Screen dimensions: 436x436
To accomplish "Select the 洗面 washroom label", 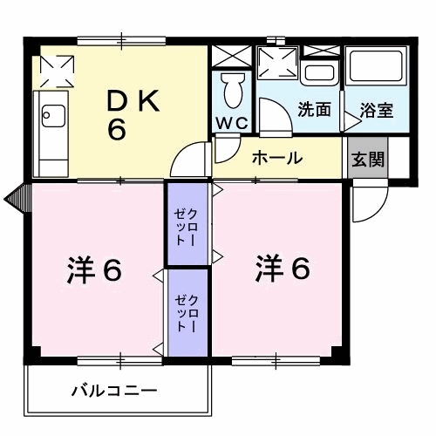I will coord(313,111).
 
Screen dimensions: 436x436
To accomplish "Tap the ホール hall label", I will coord(277,158).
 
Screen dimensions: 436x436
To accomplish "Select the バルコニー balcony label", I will coord(113,390).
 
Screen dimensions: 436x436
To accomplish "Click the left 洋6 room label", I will coord(94,271).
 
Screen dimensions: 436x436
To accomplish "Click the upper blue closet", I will coord(187,224).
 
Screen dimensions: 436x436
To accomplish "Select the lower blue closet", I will coord(187,311).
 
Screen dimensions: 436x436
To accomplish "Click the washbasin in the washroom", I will coord(322,72).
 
